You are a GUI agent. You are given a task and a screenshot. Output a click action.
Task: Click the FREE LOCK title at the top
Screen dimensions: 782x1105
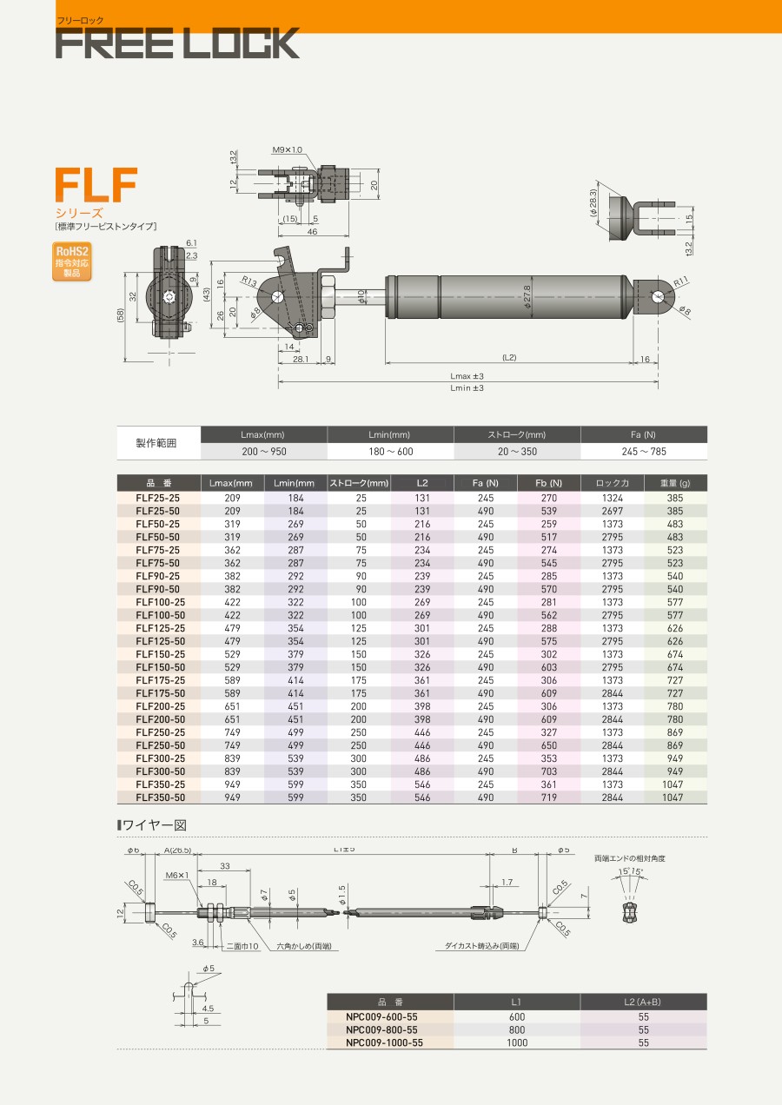(177, 43)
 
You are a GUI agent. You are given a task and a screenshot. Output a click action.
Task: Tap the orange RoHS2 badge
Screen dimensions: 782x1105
(72, 261)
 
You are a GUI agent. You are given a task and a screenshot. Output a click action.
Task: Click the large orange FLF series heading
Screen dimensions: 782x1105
(96, 185)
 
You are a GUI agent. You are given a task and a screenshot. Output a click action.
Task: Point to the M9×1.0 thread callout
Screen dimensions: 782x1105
(287, 150)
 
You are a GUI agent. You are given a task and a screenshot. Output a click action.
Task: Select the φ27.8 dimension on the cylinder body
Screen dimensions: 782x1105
(527, 297)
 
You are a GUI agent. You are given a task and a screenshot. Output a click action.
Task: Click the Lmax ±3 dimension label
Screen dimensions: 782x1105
(467, 376)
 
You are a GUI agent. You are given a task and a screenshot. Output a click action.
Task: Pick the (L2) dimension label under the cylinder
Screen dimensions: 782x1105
(509, 357)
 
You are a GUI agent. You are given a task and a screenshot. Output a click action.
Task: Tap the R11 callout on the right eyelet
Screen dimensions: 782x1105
(681, 282)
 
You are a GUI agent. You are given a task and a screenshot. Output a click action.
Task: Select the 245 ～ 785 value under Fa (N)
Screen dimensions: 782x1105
(644, 452)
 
